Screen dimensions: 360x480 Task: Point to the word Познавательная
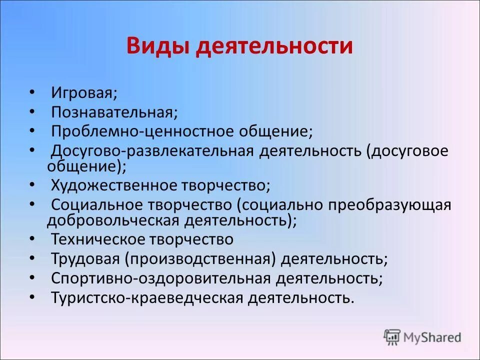point(114,112)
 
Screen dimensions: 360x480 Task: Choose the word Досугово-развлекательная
point(152,151)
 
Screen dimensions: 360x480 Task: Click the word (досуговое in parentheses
point(407,151)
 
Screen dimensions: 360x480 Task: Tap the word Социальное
point(98,205)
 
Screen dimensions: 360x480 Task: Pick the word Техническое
point(98,239)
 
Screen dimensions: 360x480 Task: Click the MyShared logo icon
point(392,336)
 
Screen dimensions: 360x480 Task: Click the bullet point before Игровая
point(32,93)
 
